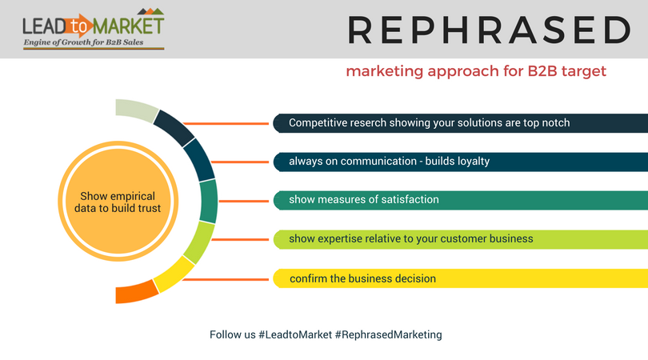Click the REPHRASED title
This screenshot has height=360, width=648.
pos(489,30)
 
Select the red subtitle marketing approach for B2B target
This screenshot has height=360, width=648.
pos(476,71)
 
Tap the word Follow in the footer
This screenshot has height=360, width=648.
pos(224,334)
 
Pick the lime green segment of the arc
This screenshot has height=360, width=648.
pos(199,242)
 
